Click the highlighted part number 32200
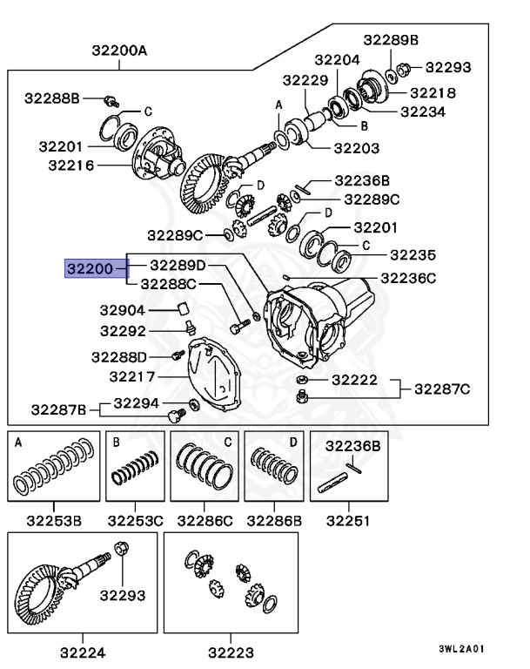coord(90,270)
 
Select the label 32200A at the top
coord(120,51)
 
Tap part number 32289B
coord(392,40)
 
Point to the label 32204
coord(337,60)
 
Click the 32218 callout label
coord(433,91)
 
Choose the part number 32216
coord(71,164)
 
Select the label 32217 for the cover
coord(132,377)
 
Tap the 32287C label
coord(442,388)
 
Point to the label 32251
coord(348,521)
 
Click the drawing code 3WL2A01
coord(461,649)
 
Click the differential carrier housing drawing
coord(318,322)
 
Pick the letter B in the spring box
coord(116,443)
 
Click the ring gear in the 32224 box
coord(39,592)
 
